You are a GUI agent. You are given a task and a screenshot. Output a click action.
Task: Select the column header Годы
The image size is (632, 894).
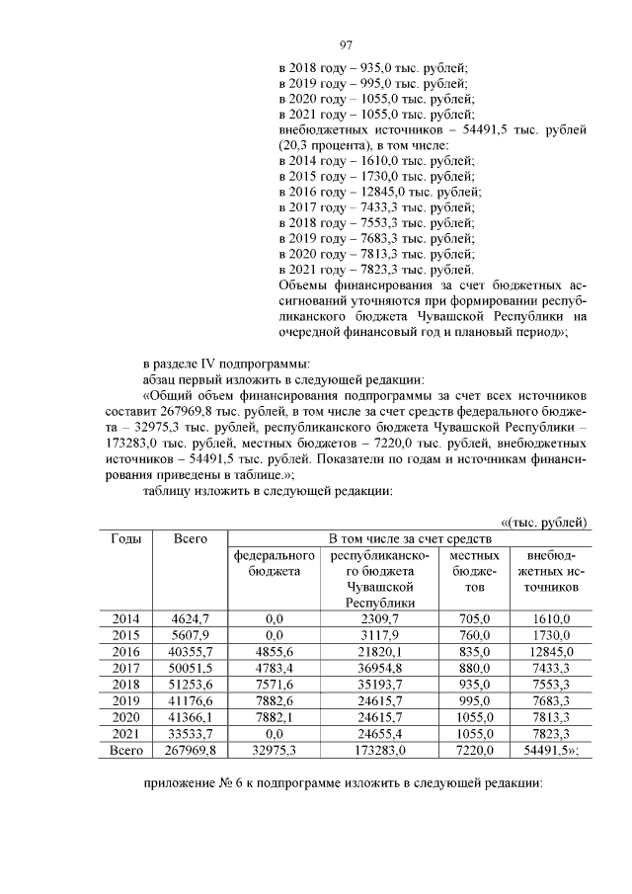125,538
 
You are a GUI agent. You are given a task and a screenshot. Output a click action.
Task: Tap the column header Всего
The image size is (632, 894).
190,538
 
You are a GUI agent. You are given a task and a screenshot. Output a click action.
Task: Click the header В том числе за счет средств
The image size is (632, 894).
410,538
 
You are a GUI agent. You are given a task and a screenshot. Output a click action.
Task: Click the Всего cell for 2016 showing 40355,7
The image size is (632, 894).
190,651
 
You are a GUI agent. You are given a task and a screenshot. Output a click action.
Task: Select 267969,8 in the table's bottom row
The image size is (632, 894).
190,751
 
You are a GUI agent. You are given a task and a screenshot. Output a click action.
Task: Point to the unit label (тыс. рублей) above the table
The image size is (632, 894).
545,522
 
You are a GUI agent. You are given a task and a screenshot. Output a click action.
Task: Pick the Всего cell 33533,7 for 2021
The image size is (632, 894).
190,734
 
